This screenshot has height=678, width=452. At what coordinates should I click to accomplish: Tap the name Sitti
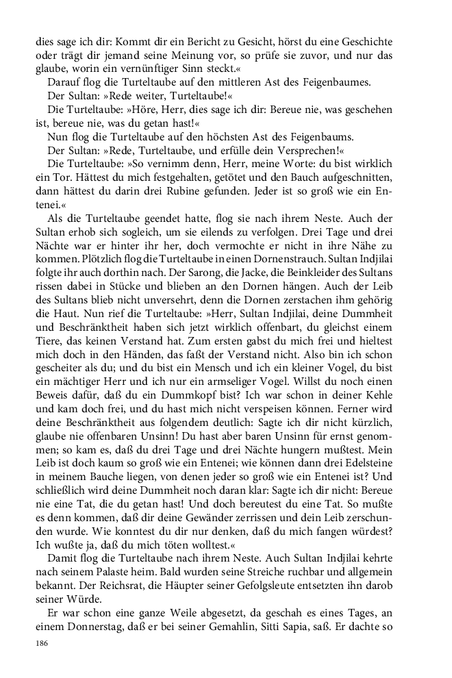tap(286, 628)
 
